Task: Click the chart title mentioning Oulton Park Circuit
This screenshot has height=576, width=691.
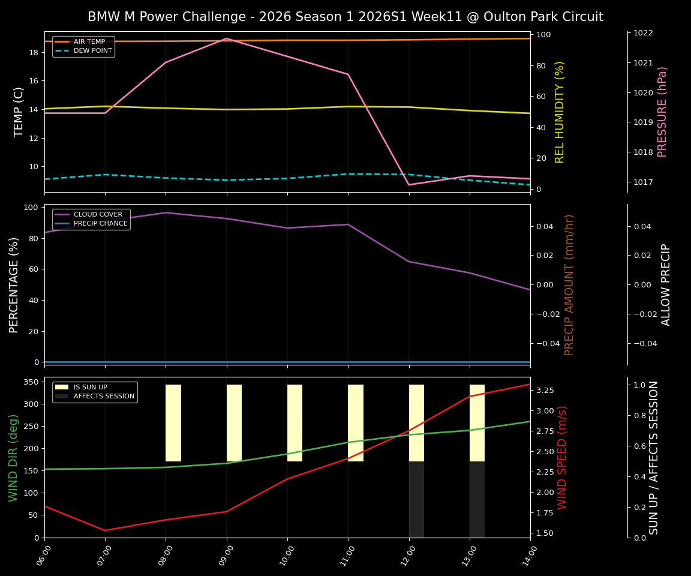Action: pos(345,17)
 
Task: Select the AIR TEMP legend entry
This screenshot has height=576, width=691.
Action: pos(89,42)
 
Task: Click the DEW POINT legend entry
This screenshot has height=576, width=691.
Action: pos(92,51)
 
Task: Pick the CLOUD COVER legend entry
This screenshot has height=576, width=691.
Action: pos(98,215)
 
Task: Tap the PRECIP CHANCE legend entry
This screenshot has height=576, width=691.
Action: pos(100,224)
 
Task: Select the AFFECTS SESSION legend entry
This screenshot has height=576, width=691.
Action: pos(104,397)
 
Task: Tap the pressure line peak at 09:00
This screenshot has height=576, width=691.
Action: pos(227,38)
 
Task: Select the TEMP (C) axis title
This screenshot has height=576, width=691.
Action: pos(19,112)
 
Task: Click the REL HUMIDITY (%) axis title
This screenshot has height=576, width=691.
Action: pos(560,112)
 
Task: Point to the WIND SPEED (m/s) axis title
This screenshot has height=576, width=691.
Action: pos(562,457)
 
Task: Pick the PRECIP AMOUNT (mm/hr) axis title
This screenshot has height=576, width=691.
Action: pos(569,284)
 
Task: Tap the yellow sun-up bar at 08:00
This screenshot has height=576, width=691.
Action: pos(173,423)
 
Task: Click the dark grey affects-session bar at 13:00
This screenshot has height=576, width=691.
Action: pos(477,499)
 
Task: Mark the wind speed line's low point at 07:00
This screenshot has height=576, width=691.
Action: pos(105,530)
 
